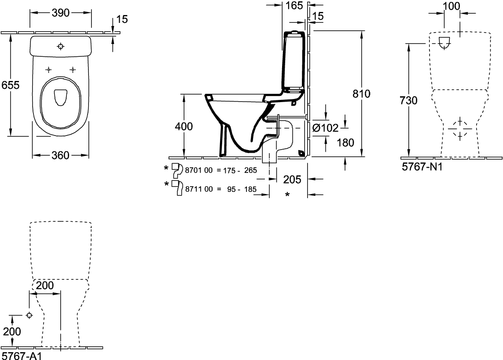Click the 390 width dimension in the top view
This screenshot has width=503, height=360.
tap(61, 13)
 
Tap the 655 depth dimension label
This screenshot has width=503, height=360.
tap(11, 85)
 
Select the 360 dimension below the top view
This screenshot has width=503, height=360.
tap(60, 155)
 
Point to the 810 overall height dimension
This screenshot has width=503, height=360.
tap(362, 94)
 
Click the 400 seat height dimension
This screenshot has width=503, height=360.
tap(184, 126)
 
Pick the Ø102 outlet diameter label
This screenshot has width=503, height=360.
tap(325, 128)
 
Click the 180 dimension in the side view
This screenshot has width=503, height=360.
tap(345, 143)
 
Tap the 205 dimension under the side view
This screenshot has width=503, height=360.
tap(292, 180)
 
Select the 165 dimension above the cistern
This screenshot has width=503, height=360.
tap(294, 5)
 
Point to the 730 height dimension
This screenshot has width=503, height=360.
tap(409, 101)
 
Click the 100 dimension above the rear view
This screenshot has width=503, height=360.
tap(452, 6)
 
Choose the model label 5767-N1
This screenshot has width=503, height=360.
tap(422, 167)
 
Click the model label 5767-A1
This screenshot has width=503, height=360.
tap(22, 356)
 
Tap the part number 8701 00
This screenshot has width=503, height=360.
tap(199, 170)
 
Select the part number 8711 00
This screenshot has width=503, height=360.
tap(199, 189)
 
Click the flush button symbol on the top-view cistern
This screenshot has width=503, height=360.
tap(61, 47)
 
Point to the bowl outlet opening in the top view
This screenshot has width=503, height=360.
tap(60, 97)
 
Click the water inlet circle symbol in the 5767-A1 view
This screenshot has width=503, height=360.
tap(29, 316)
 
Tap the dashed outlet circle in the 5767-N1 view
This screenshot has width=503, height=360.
tap(460, 129)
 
